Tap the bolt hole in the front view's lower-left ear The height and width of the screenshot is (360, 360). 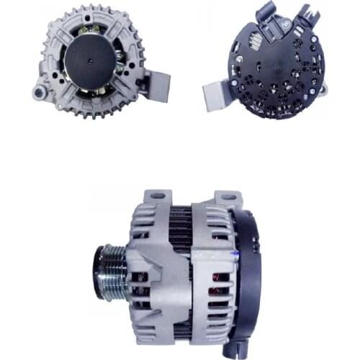point(37,92)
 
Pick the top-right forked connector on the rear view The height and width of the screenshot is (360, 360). point(308,14)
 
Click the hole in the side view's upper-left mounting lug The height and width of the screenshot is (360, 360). point(158,196)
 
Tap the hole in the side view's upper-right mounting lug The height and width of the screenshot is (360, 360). point(228,195)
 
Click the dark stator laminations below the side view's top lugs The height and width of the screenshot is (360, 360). point(179,223)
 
